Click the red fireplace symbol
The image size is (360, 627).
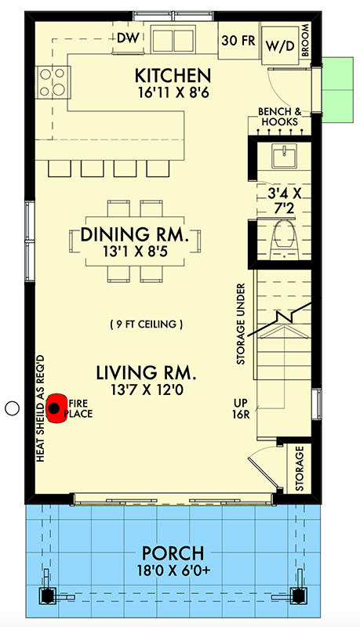click(54, 407)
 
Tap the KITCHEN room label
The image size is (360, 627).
click(173, 76)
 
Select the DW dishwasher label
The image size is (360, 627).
click(127, 38)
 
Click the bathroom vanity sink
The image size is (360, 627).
click(281, 156)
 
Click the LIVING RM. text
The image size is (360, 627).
click(146, 371)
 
